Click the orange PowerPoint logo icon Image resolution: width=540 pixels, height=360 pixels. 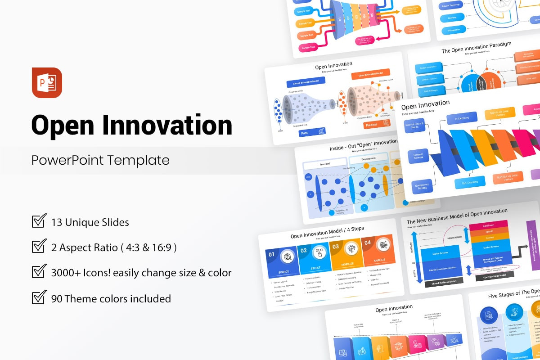click(x=47, y=83)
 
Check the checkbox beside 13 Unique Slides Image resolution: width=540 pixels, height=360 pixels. click(x=39, y=221)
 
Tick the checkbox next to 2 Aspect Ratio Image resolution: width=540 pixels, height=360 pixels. click(x=39, y=247)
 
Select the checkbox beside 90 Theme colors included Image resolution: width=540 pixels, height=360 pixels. click(x=39, y=298)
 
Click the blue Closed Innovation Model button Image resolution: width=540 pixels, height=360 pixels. click(x=306, y=83)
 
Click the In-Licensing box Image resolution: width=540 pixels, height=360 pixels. click(x=461, y=118)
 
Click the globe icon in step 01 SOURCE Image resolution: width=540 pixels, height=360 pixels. click(x=287, y=257)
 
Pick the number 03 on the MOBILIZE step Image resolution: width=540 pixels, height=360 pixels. click(x=336, y=247)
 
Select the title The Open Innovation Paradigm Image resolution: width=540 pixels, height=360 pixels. click(x=476, y=48)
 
